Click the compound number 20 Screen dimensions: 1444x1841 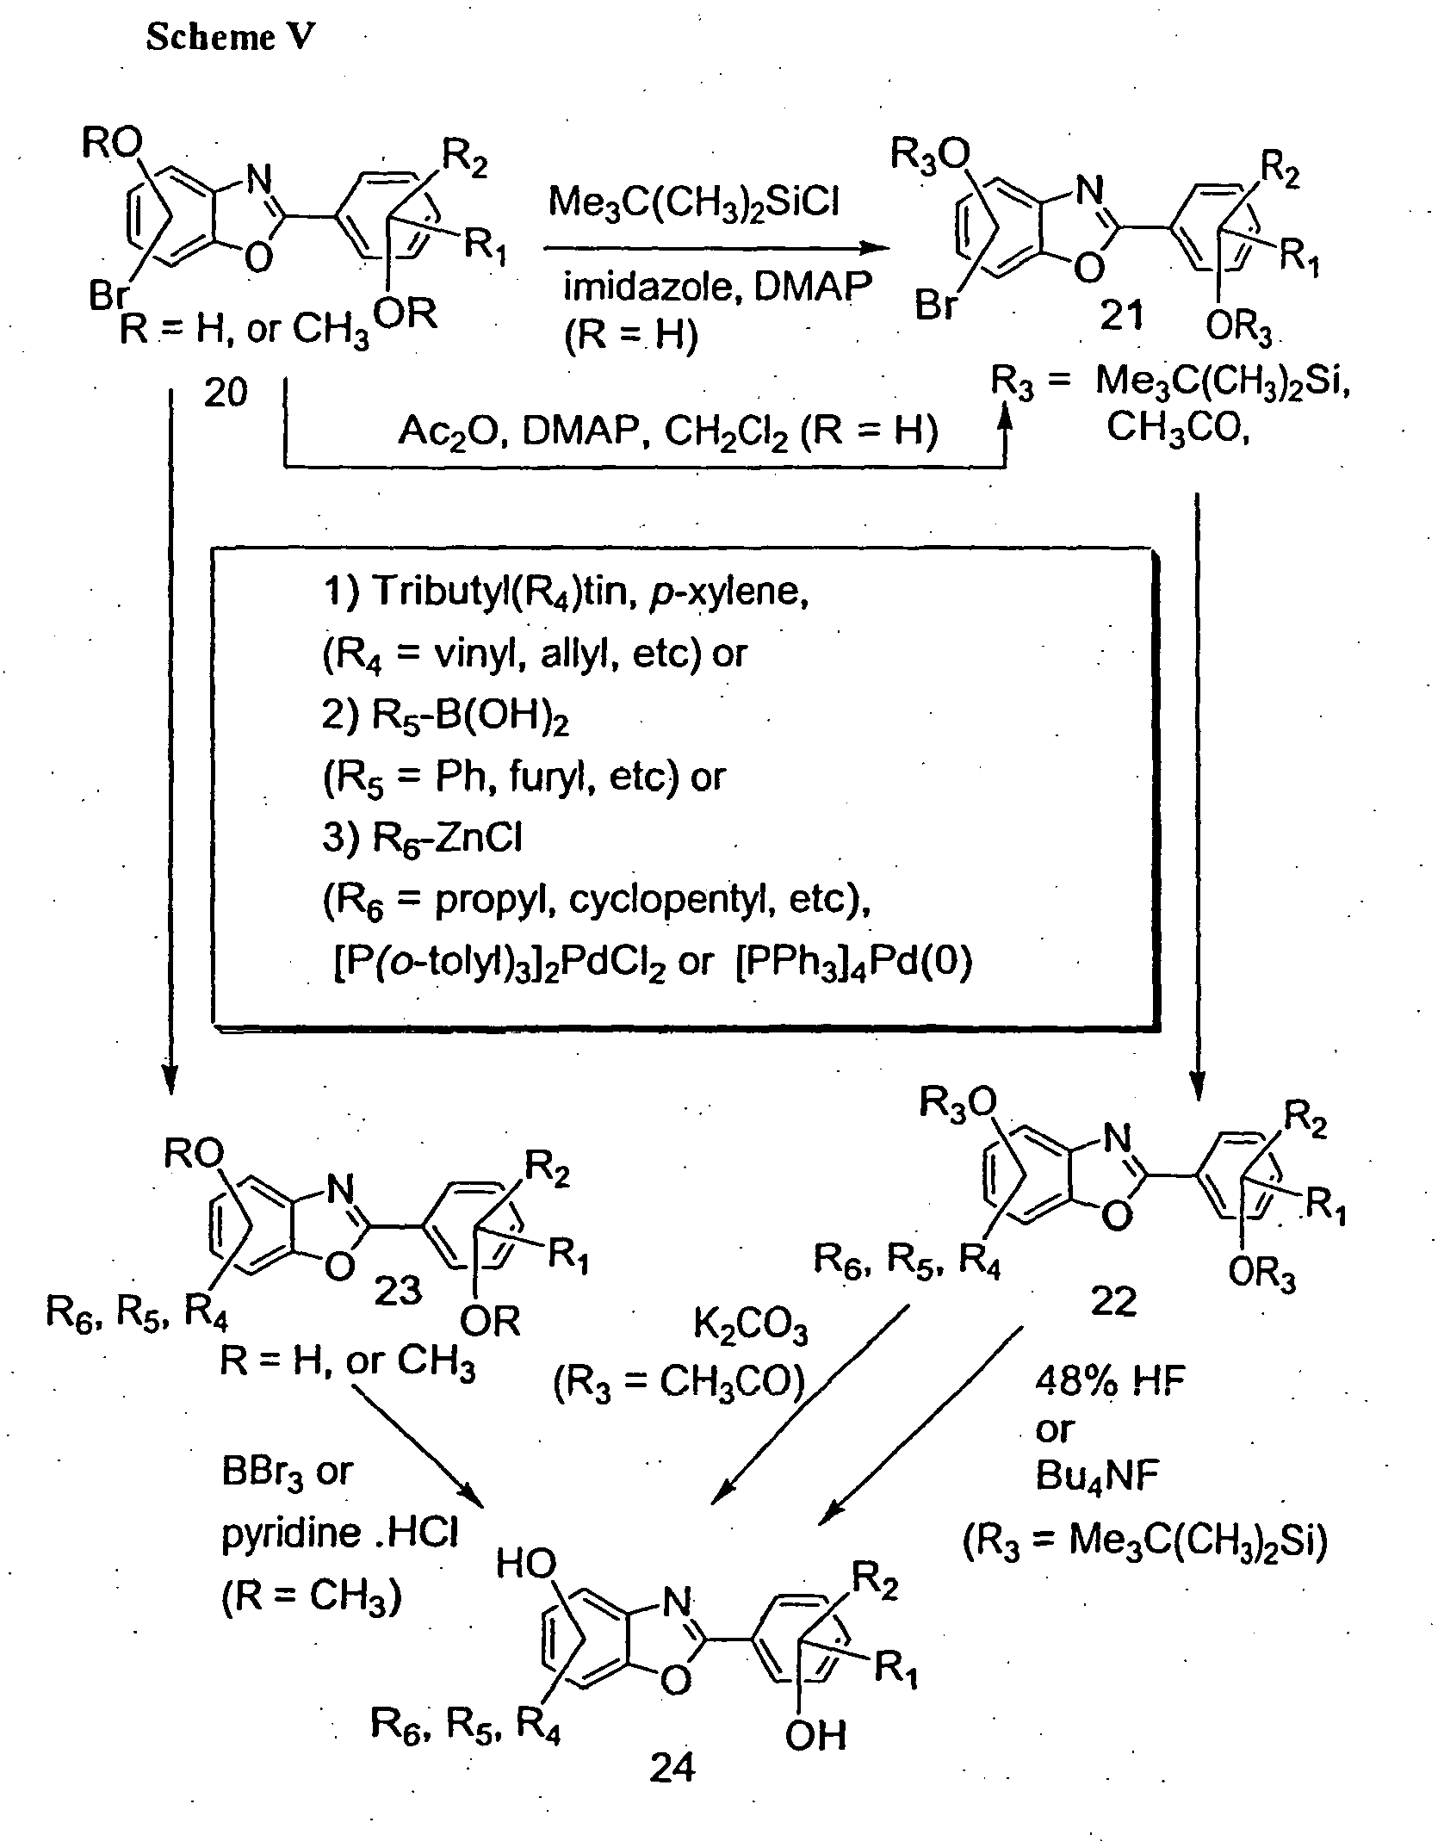point(226,393)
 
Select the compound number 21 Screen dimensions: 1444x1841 point(1122,316)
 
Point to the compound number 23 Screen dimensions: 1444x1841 point(398,1290)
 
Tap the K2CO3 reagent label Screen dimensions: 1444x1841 point(751,1329)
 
